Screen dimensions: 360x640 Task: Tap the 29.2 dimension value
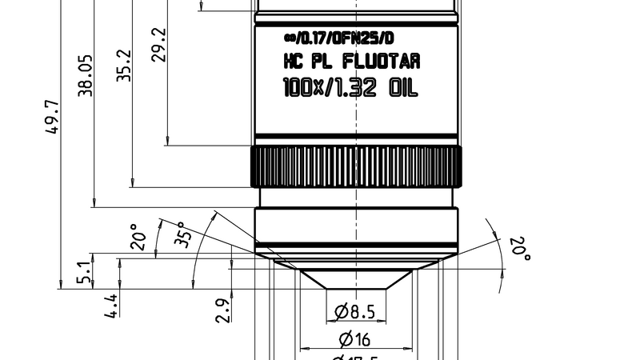click(159, 45)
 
